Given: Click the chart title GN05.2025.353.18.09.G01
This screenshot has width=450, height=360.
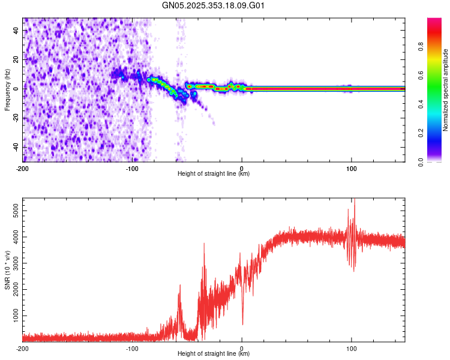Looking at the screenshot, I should (214, 6).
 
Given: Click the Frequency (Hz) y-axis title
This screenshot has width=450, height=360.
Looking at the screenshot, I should (7, 89).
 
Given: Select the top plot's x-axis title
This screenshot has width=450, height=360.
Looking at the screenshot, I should (214, 173).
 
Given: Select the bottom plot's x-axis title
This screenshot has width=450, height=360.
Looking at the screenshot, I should (214, 353).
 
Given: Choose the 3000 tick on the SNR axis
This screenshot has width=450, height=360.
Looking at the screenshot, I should (12, 263).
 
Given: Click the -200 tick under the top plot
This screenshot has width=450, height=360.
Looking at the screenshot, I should (23, 168).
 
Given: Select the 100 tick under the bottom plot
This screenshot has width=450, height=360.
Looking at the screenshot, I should (351, 348).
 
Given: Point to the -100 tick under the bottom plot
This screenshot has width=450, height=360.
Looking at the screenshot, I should (132, 348).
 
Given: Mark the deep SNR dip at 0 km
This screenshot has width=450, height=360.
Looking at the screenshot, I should (242, 324).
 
